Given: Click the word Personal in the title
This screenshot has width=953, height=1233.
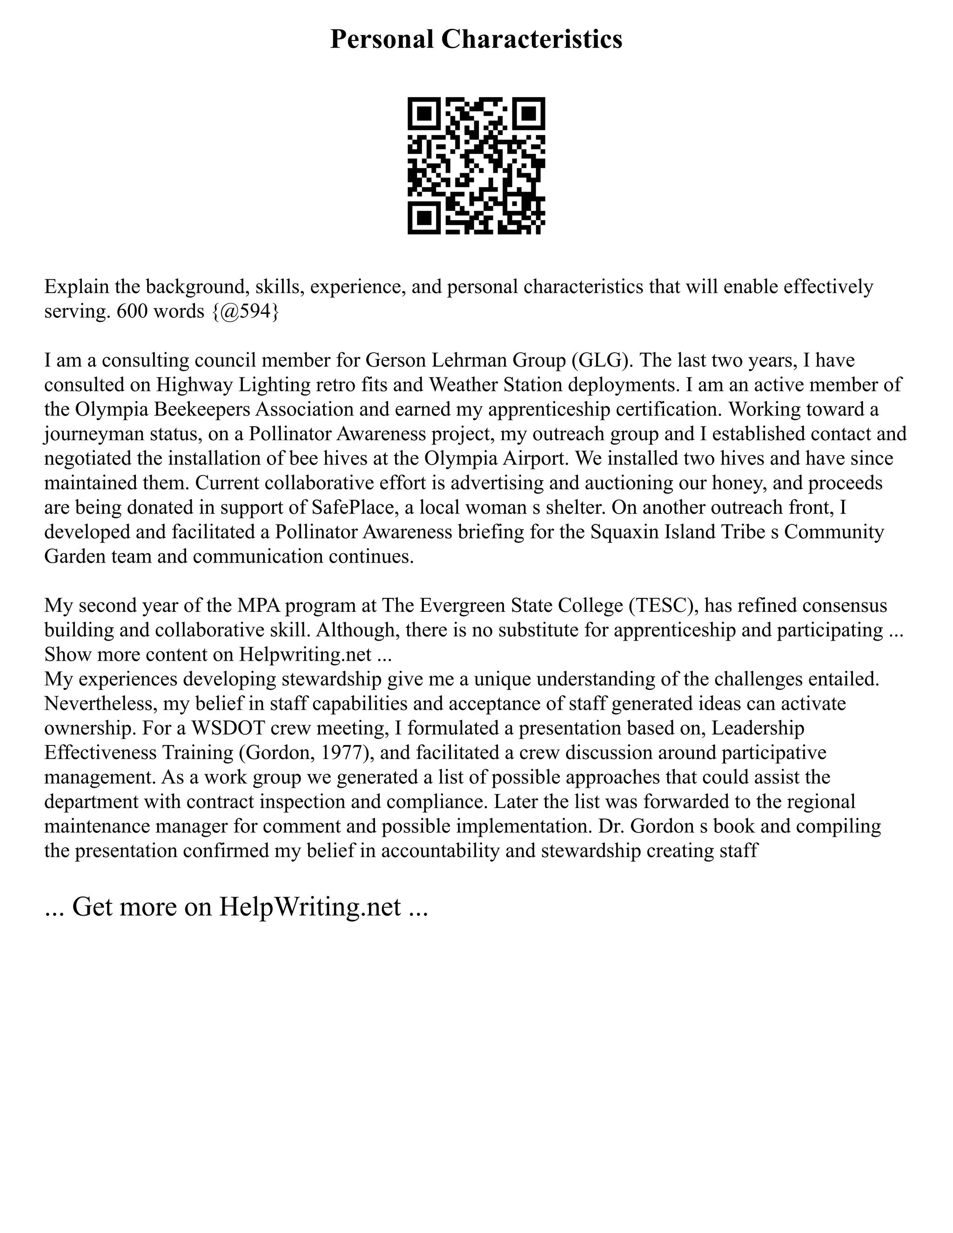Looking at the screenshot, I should [382, 40].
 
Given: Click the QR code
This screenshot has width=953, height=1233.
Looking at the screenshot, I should [476, 166].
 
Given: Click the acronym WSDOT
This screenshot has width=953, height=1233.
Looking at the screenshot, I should [228, 728].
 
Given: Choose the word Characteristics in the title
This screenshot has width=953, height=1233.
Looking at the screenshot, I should [531, 40].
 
